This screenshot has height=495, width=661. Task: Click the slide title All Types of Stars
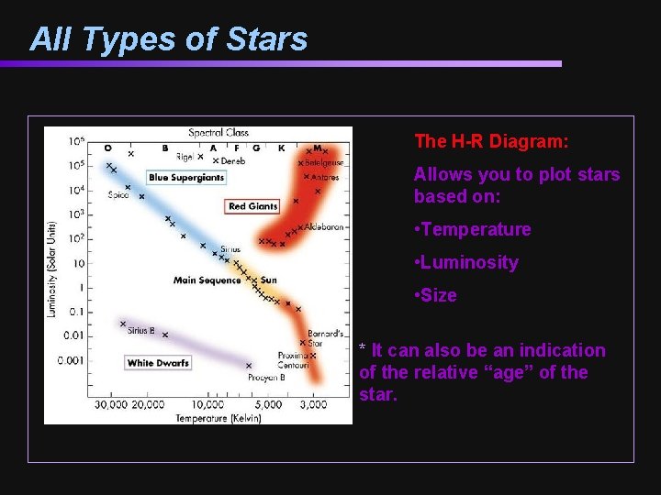pos(168,39)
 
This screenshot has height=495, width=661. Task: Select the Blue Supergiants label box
pos(185,178)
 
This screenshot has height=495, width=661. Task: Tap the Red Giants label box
pos(252,206)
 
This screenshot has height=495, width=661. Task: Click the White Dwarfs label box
pos(158,363)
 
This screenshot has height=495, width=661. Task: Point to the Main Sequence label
pos(207,280)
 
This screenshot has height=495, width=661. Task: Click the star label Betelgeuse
pos(324,162)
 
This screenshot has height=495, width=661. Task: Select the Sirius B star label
pos(141,330)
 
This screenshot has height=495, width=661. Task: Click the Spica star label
pos(118,194)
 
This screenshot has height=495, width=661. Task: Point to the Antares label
pos(325,177)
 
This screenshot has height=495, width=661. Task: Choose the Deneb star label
pos(233,161)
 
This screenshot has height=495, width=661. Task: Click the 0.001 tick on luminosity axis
pos(71,360)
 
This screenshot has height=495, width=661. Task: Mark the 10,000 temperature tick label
pos(207,405)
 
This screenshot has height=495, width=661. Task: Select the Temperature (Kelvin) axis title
pos(218,418)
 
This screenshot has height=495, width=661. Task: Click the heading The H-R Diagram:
pos(491,141)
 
